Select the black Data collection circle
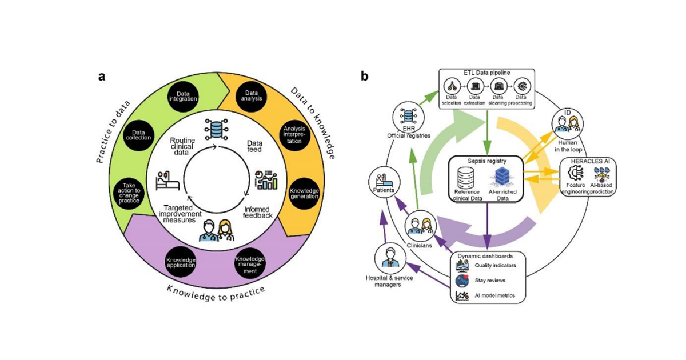click(138, 134)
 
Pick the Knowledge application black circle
click(181, 262)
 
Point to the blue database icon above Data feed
click(217, 129)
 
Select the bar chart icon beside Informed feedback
click(265, 178)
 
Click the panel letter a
click(102, 77)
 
